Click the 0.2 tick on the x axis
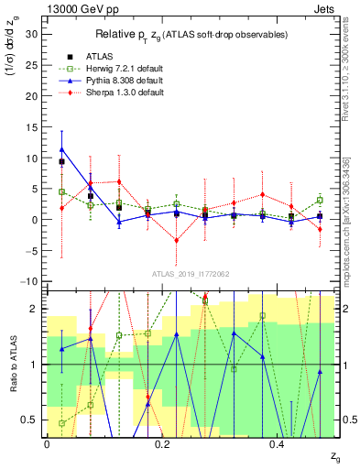(162, 442)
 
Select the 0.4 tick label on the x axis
(278, 442)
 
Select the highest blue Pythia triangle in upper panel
(61, 148)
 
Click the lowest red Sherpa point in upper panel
(177, 240)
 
